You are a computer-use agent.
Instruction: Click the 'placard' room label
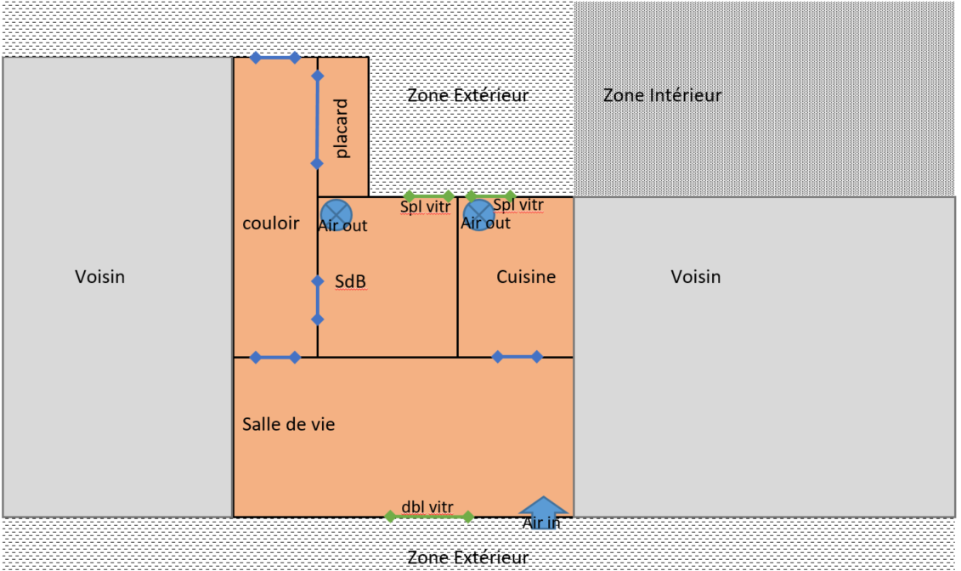click(342, 129)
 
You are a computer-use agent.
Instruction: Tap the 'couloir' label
click(271, 223)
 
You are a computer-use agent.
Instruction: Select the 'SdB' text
click(350, 282)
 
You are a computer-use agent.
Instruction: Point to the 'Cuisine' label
click(526, 277)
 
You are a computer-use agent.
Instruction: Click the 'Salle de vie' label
click(289, 424)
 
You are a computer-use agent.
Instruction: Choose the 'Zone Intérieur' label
click(663, 95)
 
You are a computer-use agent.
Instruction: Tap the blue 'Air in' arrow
click(542, 506)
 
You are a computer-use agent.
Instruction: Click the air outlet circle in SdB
click(336, 213)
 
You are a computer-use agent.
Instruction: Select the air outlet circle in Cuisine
click(478, 214)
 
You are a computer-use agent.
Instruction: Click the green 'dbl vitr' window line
click(431, 516)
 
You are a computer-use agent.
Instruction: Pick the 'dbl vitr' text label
click(427, 506)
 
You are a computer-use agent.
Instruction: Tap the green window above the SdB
click(429, 196)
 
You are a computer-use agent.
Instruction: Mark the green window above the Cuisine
click(491, 196)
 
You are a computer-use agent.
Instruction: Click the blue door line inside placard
click(317, 119)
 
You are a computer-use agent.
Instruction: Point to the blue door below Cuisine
click(517, 357)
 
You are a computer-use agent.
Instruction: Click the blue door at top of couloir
click(274, 58)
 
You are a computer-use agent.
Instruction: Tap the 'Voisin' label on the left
click(99, 277)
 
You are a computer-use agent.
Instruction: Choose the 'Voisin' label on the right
click(696, 277)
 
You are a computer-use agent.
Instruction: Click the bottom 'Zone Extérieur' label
click(467, 558)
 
